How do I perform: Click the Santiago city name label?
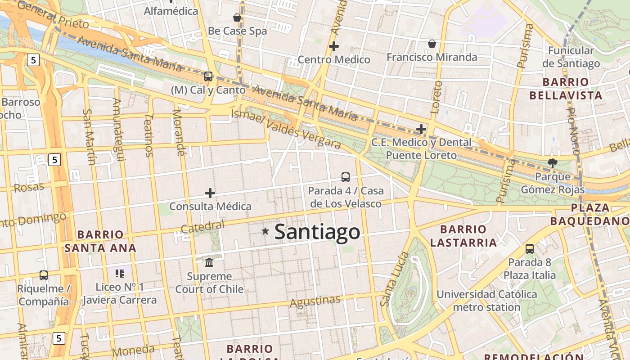[317, 232]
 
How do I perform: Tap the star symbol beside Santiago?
[265, 231]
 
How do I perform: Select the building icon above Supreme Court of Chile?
[209, 262]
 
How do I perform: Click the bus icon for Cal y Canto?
[208, 76]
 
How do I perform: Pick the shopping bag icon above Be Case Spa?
[237, 18]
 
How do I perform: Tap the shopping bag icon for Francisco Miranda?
[432, 43]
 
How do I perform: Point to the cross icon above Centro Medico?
[334, 46]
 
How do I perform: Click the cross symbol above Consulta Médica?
[210, 193]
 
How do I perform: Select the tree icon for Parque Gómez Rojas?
[552, 163]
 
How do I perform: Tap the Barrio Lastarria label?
[463, 236]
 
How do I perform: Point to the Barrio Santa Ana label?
[100, 241]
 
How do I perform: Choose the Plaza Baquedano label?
[590, 214]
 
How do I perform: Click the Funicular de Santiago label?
[571, 57]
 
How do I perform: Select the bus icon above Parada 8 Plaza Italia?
[530, 248]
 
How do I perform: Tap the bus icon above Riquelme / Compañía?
[44, 275]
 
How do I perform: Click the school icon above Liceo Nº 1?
[119, 273]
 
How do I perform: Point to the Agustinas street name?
[315, 301]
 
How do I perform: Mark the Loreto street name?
[436, 97]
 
